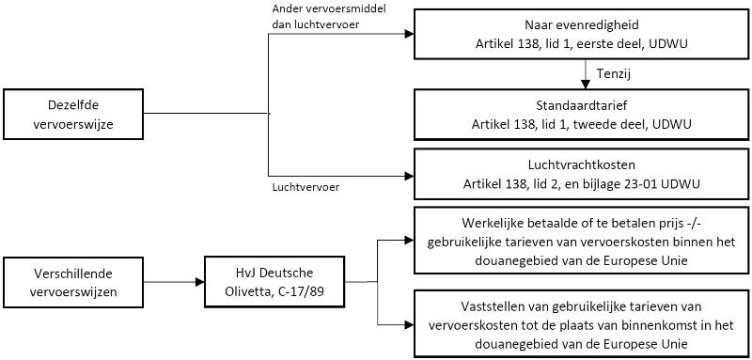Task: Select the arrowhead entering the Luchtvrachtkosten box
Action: pos(409,175)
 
